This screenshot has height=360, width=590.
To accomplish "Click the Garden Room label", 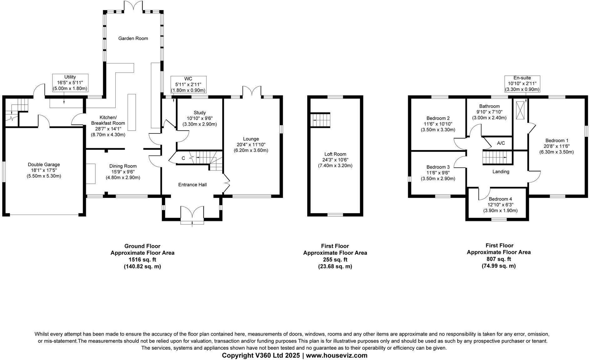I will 133,38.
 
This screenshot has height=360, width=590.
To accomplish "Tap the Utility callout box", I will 70,82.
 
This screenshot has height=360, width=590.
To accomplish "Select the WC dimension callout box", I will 188,84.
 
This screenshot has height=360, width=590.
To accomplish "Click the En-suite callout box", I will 522,83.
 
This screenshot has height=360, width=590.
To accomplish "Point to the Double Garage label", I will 44,164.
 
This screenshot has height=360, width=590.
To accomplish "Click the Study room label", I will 199,112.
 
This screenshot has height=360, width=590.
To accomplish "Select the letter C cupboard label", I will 183,158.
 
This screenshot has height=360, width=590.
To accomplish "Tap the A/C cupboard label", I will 501,143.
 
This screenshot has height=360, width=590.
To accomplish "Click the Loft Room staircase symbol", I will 321,120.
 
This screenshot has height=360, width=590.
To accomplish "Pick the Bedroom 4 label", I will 500,199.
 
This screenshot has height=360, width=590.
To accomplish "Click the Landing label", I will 501,172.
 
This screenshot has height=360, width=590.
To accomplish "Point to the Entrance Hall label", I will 192,185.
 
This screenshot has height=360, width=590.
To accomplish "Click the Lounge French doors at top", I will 252,90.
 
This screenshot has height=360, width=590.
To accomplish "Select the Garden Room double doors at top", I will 133,6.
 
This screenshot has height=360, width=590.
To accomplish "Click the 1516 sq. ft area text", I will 142,260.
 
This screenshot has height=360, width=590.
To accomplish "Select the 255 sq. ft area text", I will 335,260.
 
